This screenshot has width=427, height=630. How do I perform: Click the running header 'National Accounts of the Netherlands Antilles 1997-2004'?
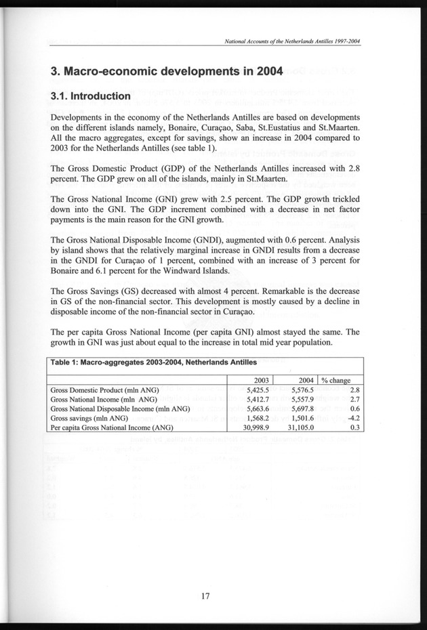[x=291, y=41]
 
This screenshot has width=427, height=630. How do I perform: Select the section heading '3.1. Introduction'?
[x=91, y=97]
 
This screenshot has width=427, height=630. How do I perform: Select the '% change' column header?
[x=341, y=379]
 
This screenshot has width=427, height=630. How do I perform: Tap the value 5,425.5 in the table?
[x=256, y=390]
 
